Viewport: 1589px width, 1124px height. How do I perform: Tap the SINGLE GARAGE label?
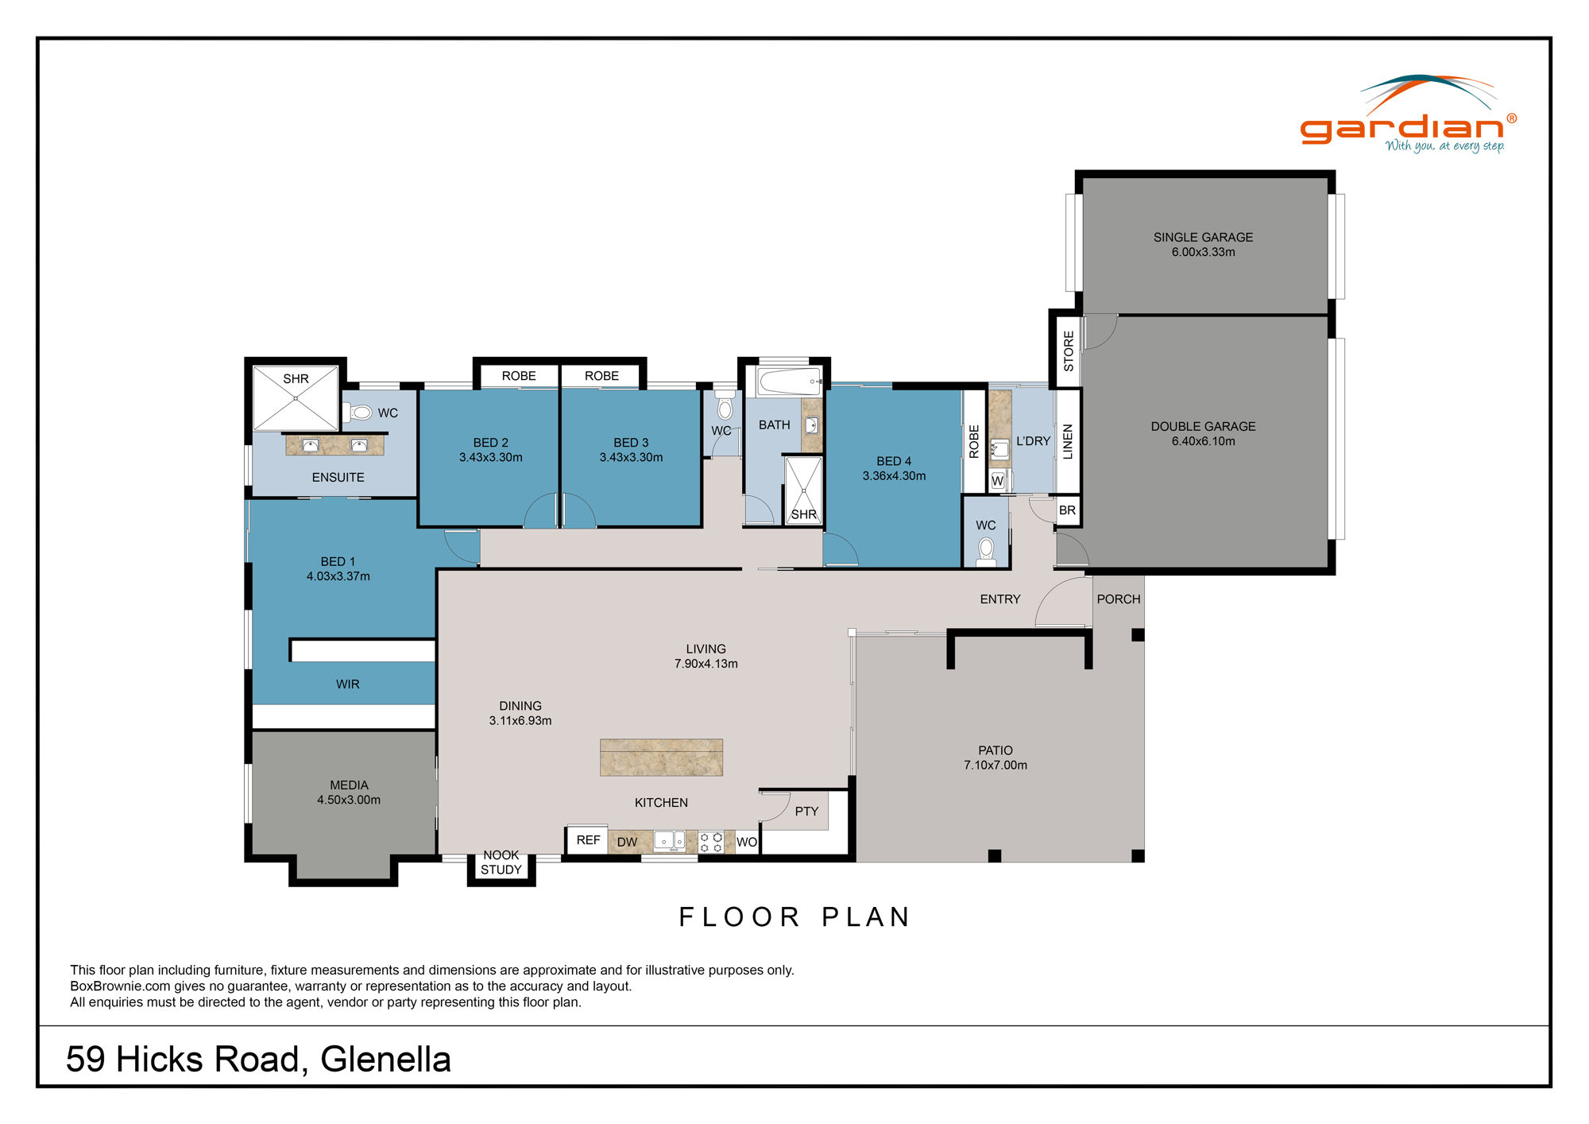[x=1203, y=237]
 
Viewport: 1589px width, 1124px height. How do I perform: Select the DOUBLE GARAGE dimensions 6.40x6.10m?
[x=1203, y=441]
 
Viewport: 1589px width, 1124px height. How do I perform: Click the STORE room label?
[x=1069, y=351]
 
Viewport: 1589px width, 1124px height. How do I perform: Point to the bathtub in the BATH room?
[x=788, y=382]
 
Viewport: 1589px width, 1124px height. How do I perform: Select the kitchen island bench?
[x=661, y=757]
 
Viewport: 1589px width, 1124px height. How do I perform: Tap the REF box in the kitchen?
[x=588, y=840]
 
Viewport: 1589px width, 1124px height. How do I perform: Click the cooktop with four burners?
[x=711, y=842]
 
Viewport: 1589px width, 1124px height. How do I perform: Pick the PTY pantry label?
[x=806, y=811]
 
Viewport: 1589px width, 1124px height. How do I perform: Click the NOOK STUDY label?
[x=501, y=862]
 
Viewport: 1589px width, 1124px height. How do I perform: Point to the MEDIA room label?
[x=349, y=785]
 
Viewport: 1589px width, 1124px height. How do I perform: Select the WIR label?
[x=348, y=684]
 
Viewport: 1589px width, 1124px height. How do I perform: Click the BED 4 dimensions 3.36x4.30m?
[x=894, y=476]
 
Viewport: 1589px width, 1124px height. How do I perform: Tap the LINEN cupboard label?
[x=1068, y=441]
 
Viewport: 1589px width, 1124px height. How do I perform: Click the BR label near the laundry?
[x=1067, y=510]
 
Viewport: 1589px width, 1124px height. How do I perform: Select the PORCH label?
[x=1118, y=599]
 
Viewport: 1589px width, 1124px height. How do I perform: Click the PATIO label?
[x=995, y=750]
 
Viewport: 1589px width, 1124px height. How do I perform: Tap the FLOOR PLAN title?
[x=794, y=917]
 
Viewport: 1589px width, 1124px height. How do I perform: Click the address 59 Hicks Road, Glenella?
[x=258, y=1060]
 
